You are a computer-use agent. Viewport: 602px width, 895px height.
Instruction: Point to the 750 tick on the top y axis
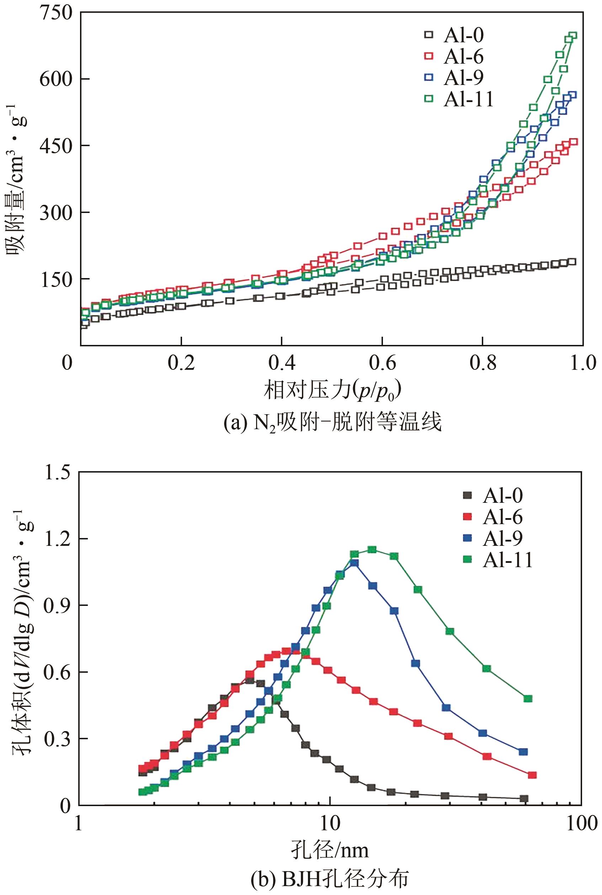pyautogui.click(x=56, y=13)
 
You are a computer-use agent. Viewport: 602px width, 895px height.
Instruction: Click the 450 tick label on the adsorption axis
pyautogui.click(x=56, y=146)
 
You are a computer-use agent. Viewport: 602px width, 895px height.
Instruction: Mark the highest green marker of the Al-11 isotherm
pyautogui.click(x=572, y=36)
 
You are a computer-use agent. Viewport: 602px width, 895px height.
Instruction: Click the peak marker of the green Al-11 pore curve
pyautogui.click(x=372, y=549)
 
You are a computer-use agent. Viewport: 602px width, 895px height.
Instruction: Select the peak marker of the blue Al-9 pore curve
pyautogui.click(x=355, y=563)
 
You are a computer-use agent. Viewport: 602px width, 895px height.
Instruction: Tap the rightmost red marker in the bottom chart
pyautogui.click(x=532, y=775)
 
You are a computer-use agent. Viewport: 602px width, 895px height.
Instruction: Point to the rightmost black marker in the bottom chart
pyautogui.click(x=524, y=799)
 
